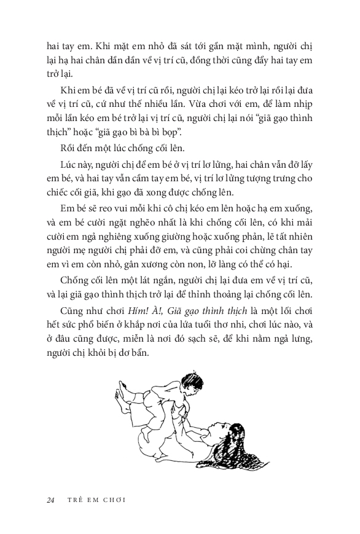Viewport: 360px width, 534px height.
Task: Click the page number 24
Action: tap(50, 500)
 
